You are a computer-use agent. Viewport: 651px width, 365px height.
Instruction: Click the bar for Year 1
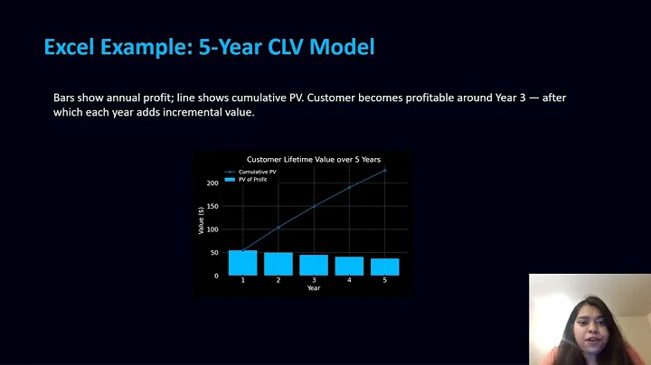click(x=242, y=263)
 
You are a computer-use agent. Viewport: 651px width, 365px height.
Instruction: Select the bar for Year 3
click(x=314, y=265)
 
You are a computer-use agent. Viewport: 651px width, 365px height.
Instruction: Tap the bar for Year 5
click(x=385, y=267)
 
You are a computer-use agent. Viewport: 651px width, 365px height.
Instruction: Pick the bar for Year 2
click(x=278, y=264)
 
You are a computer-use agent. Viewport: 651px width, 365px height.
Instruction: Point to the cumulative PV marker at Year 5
click(x=385, y=170)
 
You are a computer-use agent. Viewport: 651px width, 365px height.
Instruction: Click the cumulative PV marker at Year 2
click(x=278, y=227)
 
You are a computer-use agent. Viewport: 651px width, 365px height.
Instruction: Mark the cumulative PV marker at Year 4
click(x=349, y=187)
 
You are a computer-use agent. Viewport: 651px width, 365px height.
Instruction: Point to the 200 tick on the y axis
click(x=213, y=183)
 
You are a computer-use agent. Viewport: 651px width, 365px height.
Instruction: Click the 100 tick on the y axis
click(x=213, y=229)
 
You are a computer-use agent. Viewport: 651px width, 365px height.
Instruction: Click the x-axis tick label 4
click(x=349, y=281)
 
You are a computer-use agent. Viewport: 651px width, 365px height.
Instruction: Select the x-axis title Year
click(x=313, y=288)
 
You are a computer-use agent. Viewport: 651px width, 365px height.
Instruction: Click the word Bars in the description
click(x=66, y=97)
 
